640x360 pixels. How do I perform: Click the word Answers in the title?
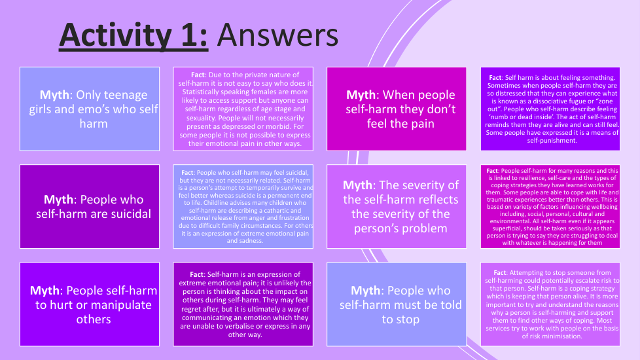pos(277,35)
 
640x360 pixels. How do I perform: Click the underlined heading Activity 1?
pos(133,36)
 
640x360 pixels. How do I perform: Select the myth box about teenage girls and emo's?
pos(90,109)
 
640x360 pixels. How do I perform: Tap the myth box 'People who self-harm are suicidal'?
pos(90,207)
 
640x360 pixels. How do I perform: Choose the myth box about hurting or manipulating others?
pos(90,304)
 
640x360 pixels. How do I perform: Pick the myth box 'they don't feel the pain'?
pos(397,109)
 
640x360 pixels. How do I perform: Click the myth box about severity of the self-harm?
pos(397,207)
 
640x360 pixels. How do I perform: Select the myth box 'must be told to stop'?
pos(397,304)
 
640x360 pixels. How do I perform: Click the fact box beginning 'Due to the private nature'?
pos(243,109)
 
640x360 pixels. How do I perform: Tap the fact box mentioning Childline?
pos(243,207)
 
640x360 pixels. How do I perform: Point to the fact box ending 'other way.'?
pos(243,304)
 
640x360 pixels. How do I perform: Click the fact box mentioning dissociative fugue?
pos(550,109)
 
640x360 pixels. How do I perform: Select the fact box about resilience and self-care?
pos(550,207)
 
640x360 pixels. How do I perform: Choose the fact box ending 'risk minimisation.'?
pos(550,304)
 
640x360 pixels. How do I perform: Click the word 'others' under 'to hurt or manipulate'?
pos(94,319)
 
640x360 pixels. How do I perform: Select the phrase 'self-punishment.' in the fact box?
pos(552,141)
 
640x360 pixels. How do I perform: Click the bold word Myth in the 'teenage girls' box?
pos(54,95)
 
